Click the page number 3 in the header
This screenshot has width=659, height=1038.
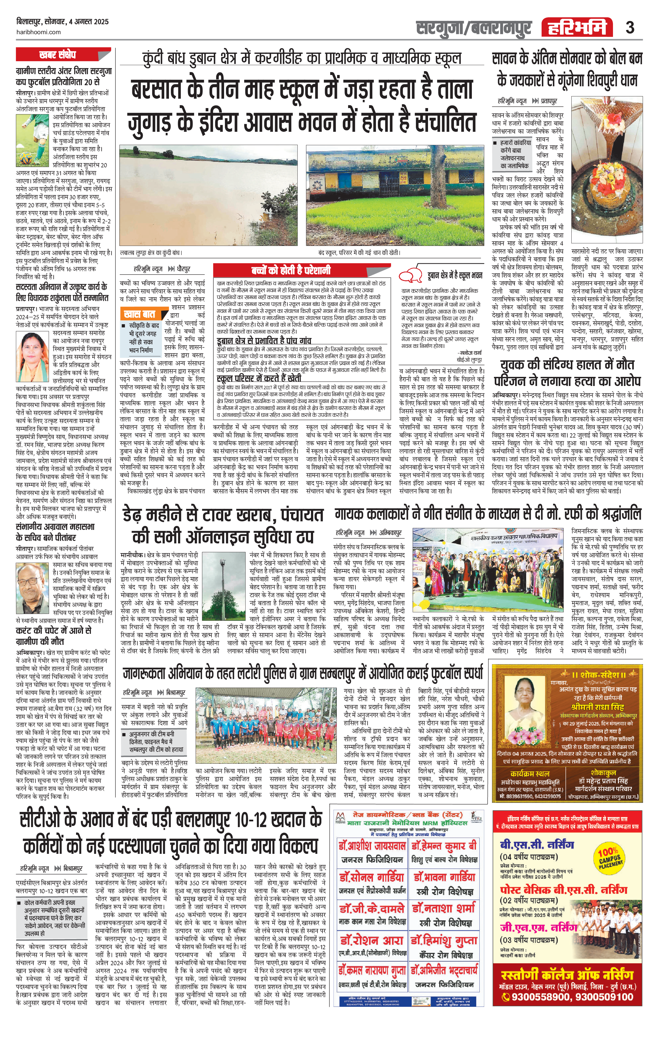click(x=630, y=28)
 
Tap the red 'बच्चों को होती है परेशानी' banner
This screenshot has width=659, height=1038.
click(x=291, y=270)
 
